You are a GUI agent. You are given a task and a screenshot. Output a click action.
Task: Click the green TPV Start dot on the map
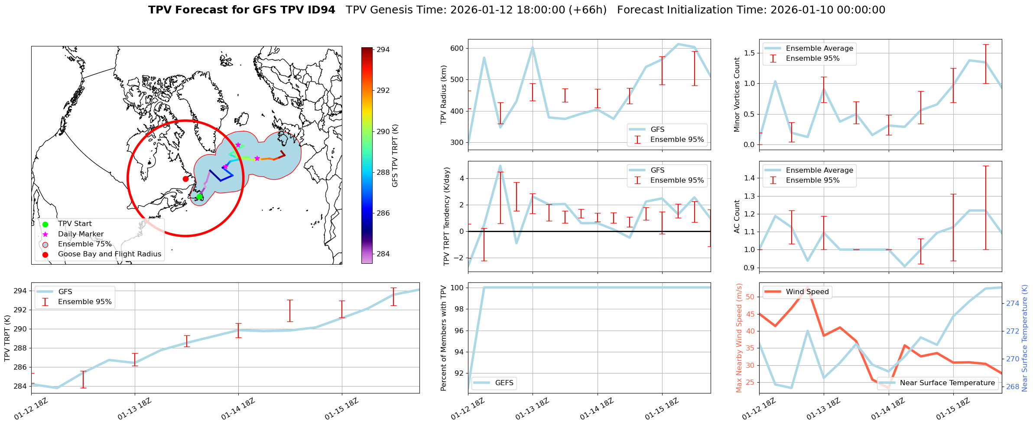199,197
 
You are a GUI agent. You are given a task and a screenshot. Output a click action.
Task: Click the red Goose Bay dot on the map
185,179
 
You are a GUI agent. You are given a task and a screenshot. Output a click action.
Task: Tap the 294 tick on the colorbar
383,49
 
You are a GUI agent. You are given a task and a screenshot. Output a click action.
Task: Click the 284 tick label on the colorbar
383,254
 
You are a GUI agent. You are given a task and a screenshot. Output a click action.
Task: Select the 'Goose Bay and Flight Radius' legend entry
109,254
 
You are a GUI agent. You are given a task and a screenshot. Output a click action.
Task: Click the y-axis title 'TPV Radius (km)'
443,95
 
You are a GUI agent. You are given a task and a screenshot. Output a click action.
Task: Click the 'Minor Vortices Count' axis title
737,95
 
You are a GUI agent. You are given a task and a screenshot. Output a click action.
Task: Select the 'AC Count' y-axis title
737,216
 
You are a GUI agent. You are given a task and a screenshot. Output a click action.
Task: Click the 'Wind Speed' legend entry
807,292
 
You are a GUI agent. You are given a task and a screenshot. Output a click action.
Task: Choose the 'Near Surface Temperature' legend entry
947,383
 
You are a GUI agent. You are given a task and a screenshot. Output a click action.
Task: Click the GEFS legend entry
504,383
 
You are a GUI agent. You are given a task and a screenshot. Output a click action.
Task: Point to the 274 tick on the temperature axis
1013,303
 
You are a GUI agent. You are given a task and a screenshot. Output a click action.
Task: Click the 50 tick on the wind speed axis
750,297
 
